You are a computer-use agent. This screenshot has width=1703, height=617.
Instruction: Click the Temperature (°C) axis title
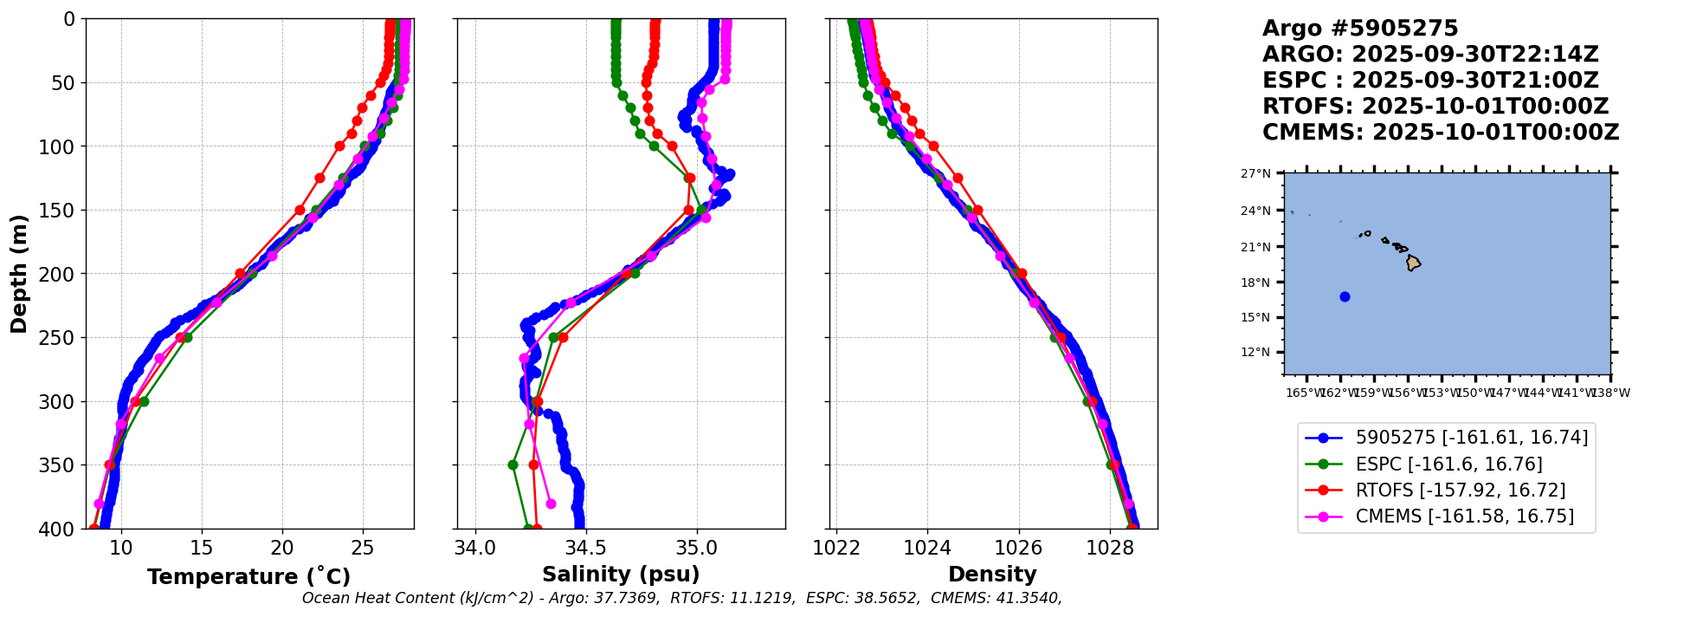pyautogui.click(x=248, y=577)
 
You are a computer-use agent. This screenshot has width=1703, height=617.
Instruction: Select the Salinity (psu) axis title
pyautogui.click(x=621, y=575)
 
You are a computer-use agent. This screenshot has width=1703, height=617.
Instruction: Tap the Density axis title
pyautogui.click(x=992, y=575)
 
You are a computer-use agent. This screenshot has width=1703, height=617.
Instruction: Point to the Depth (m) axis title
pyautogui.click(x=19, y=274)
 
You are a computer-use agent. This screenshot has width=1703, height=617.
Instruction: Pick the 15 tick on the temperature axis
pyautogui.click(x=202, y=548)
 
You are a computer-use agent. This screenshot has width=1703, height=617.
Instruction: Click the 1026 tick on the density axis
pyautogui.click(x=1018, y=548)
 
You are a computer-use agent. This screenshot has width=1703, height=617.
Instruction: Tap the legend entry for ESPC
pyautogui.click(x=1448, y=464)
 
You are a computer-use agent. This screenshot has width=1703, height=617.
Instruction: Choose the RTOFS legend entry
pyautogui.click(x=1460, y=490)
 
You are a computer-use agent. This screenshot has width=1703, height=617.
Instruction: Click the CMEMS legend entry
pyautogui.click(x=1464, y=516)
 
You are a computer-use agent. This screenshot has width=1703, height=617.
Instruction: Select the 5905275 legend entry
pyautogui.click(x=1471, y=438)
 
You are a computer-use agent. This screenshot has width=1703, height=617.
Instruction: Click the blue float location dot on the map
pyautogui.click(x=1345, y=296)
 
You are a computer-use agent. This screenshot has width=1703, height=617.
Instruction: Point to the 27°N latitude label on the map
pyautogui.click(x=1256, y=174)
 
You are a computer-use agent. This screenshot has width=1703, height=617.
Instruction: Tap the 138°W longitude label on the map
pyautogui.click(x=1610, y=393)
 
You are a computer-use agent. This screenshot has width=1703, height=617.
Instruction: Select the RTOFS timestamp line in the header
pyautogui.click(x=1435, y=107)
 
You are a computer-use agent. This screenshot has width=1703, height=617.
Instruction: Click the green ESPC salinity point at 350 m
pyautogui.click(x=513, y=464)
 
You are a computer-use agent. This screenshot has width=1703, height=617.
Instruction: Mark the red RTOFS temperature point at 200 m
pyautogui.click(x=241, y=274)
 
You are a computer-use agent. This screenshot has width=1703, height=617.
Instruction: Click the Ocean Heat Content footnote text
pyautogui.click(x=681, y=598)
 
